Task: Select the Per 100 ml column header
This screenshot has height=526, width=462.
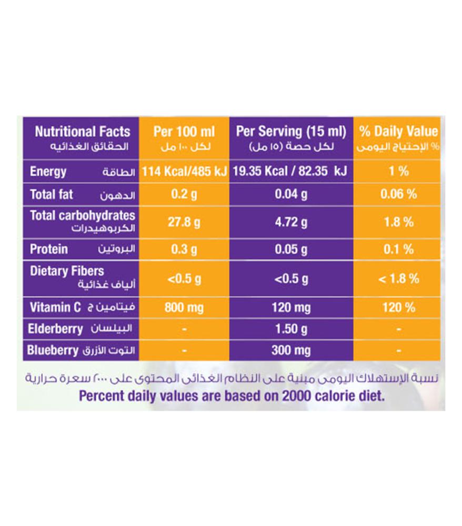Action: [184, 131]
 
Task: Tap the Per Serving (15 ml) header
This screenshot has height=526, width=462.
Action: [291, 131]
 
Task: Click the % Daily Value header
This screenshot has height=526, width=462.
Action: [398, 131]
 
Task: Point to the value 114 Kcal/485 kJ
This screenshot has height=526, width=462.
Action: [184, 171]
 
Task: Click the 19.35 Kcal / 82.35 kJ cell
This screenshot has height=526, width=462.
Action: [291, 171]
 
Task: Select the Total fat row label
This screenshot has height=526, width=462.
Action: [52, 195]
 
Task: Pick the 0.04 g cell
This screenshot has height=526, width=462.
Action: [291, 195]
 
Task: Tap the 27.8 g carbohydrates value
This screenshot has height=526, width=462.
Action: [184, 222]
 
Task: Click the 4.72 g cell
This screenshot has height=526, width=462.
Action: [291, 222]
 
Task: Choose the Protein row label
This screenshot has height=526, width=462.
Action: [49, 249]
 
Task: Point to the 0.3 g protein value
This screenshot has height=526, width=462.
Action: [184, 249]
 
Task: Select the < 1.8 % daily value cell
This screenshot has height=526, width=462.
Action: [398, 278]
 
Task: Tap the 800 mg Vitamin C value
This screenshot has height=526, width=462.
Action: [184, 307]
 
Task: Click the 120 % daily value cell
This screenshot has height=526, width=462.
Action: [398, 307]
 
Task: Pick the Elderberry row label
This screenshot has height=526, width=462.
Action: [56, 329]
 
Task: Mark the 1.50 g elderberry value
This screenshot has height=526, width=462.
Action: [291, 329]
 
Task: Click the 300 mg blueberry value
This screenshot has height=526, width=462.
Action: [291, 350]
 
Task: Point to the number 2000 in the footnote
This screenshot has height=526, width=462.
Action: [293, 396]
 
